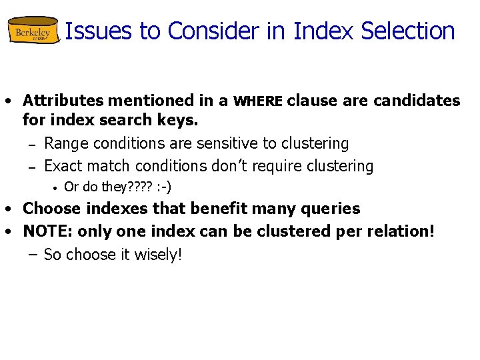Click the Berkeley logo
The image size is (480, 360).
point(33,31)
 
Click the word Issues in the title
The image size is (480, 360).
point(93,31)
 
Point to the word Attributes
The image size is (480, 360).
point(63,101)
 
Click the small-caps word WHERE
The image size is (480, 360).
point(259,101)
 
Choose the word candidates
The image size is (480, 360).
point(417,101)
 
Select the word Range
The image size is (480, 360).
point(67,143)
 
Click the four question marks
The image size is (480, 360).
point(137,187)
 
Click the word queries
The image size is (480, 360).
point(332,209)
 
